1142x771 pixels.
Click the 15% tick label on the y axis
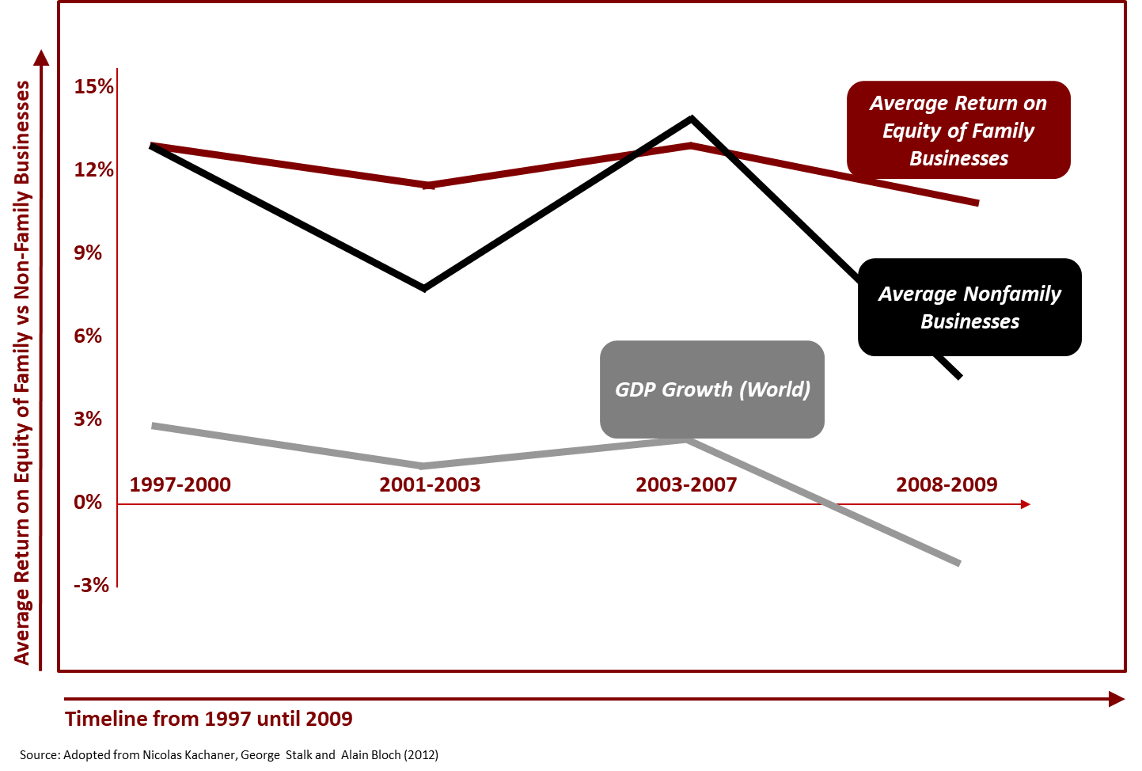pos(94,87)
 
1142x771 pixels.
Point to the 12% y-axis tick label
pos(94,170)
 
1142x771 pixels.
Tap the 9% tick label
pos(88,253)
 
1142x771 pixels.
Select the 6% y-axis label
pos(88,336)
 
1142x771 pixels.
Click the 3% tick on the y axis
pos(88,420)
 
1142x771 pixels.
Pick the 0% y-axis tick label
pos(88,503)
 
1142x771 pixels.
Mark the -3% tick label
pos(91,586)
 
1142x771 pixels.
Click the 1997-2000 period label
pos(180,484)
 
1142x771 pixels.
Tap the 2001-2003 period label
pos(430,484)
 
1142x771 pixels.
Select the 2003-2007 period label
pos(686,484)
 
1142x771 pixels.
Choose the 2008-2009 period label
pos(947,484)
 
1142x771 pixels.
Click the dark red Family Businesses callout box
pos(958,130)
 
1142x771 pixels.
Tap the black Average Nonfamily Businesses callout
pos(969,307)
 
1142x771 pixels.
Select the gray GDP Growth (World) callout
pos(712,389)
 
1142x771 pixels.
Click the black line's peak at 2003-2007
pos(692,119)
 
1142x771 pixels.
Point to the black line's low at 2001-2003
pos(425,288)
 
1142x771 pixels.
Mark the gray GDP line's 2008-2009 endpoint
pos(959,563)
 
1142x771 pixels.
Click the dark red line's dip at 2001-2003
pos(428,185)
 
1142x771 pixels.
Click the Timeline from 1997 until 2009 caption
pos(209,719)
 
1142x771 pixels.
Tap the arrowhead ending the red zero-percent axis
pos(1026,504)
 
